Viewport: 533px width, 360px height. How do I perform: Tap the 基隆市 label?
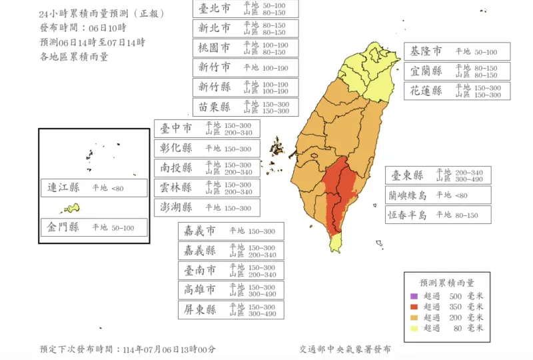pyautogui.click(x=457, y=51)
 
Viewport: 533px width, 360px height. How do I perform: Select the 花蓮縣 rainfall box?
pyautogui.click(x=457, y=91)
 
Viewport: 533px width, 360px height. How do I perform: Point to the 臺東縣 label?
pyautogui.click(x=438, y=175)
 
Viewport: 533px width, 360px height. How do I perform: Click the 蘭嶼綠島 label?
pyautogui.click(x=438, y=195)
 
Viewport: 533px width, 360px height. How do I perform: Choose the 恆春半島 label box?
pyautogui.click(x=438, y=215)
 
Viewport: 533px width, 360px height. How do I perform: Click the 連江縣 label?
pyautogui.click(x=93, y=189)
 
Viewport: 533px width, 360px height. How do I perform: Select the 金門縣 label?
pyautogui.click(x=93, y=227)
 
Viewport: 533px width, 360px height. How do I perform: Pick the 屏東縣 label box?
pyautogui.click(x=231, y=310)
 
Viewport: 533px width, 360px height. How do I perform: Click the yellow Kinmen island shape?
pyautogui.click(x=72, y=208)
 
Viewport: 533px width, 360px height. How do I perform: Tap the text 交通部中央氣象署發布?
pyautogui.click(x=345, y=349)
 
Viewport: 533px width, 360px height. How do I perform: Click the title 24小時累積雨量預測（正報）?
pyautogui.click(x=101, y=13)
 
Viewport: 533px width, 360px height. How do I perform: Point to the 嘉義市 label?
pyautogui.click(x=231, y=231)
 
